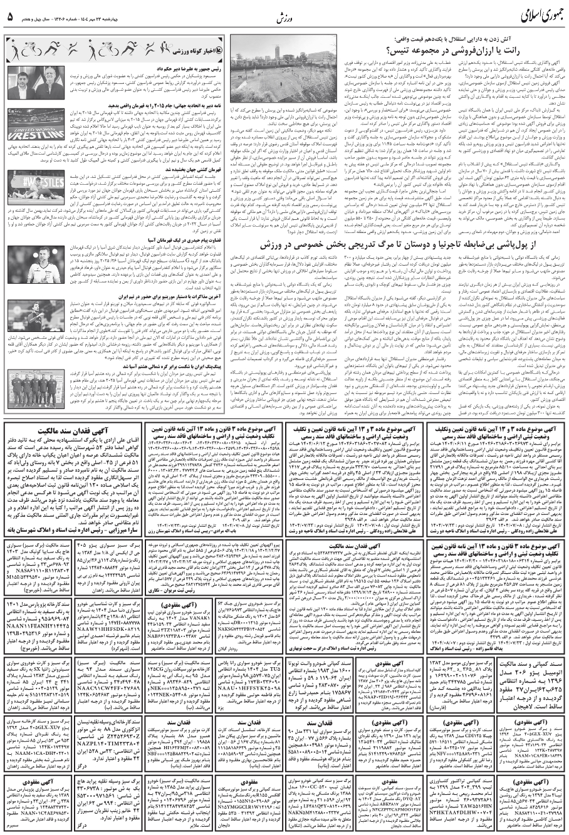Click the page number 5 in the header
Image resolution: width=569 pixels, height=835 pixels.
[x=10, y=17]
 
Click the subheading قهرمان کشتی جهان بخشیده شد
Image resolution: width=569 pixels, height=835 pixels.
[x=135, y=169]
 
